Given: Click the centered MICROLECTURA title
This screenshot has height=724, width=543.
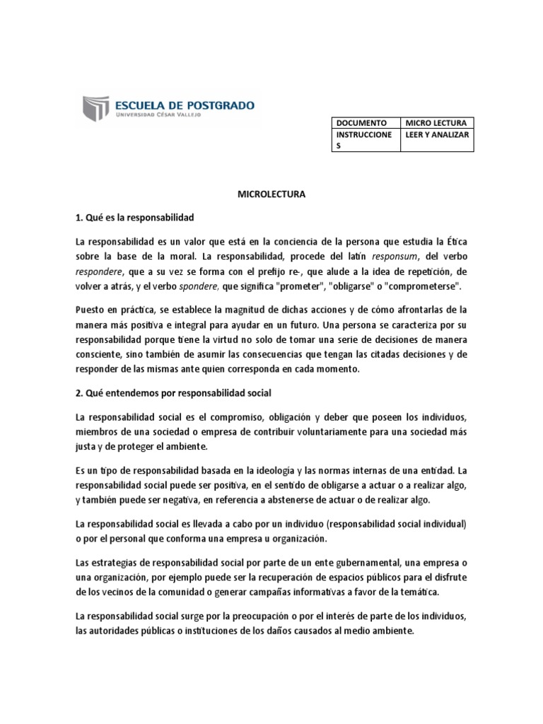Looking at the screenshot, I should [x=271, y=194].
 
